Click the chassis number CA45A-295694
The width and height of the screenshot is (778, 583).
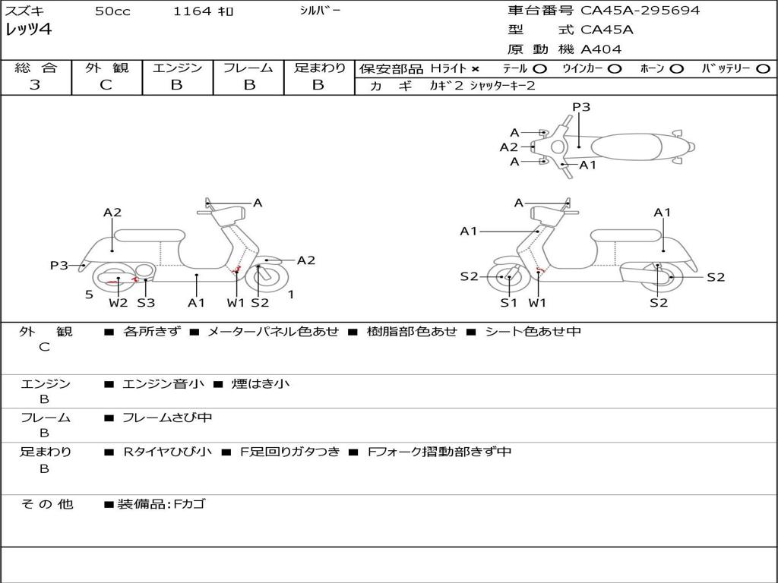click(x=640, y=11)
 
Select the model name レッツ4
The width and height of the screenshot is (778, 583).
click(x=28, y=30)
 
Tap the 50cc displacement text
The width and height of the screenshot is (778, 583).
click(x=112, y=11)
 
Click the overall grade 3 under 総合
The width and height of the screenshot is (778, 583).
click(x=35, y=85)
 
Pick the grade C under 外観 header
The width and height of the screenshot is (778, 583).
click(x=106, y=85)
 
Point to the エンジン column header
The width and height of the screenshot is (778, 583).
click(x=177, y=68)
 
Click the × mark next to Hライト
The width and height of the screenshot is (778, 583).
click(x=476, y=69)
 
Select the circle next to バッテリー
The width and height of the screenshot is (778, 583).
click(x=763, y=69)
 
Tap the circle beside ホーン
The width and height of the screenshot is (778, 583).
click(x=676, y=69)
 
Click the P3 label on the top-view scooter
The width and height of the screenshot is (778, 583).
click(x=581, y=107)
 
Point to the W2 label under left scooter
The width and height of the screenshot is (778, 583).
click(x=118, y=302)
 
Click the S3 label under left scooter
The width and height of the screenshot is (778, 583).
click(x=146, y=302)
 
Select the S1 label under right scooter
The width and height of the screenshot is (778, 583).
click(x=508, y=302)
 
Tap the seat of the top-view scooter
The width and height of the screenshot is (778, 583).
click(x=626, y=147)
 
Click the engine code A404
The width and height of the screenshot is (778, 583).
click(x=601, y=49)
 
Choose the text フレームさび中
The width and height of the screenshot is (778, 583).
click(x=167, y=418)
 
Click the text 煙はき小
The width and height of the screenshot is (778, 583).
click(x=261, y=383)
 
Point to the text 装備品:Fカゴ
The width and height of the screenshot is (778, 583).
click(x=161, y=505)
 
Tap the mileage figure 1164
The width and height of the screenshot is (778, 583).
click(x=192, y=11)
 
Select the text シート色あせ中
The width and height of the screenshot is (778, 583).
click(x=533, y=331)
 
